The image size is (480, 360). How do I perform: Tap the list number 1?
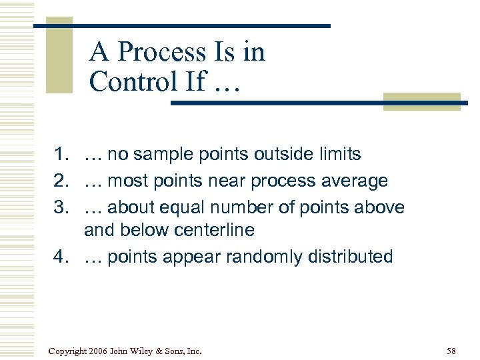click(62, 155)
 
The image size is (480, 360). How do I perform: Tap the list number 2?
click(62, 181)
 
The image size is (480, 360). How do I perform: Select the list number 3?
click(62, 207)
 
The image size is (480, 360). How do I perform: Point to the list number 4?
click(62, 257)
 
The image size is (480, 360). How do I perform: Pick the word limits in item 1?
click(339, 155)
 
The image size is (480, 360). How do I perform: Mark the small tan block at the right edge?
click(422, 101)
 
